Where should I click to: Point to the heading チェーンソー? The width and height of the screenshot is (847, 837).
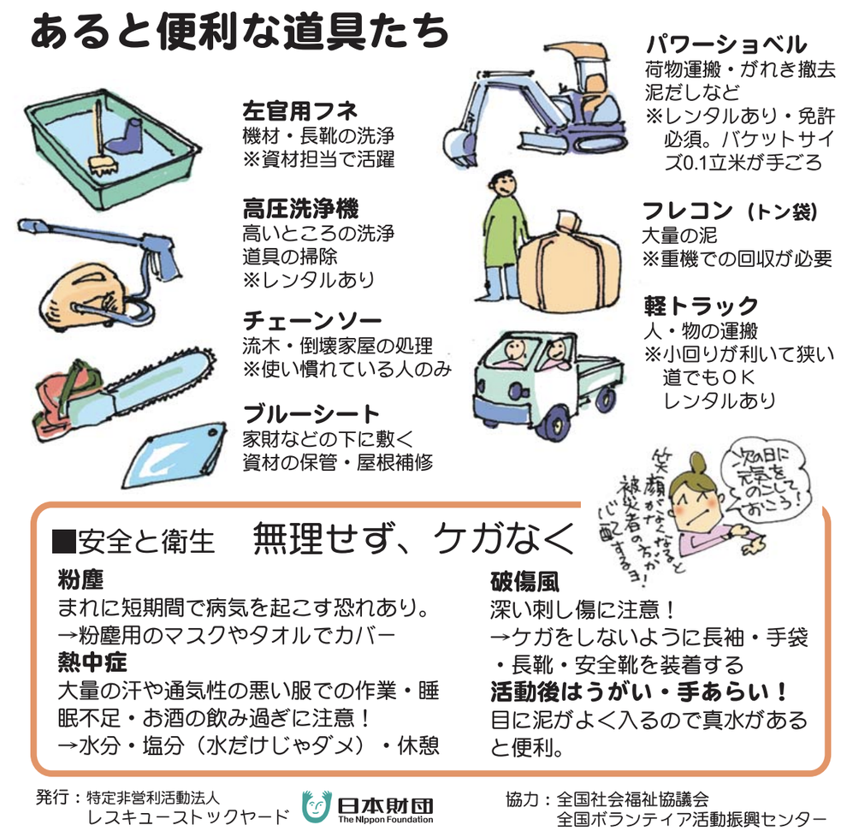(x=311, y=322)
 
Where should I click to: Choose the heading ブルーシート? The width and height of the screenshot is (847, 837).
(x=311, y=414)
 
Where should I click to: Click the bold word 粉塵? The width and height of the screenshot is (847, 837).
(x=80, y=580)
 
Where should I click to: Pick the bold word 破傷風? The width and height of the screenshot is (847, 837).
(x=524, y=581)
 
